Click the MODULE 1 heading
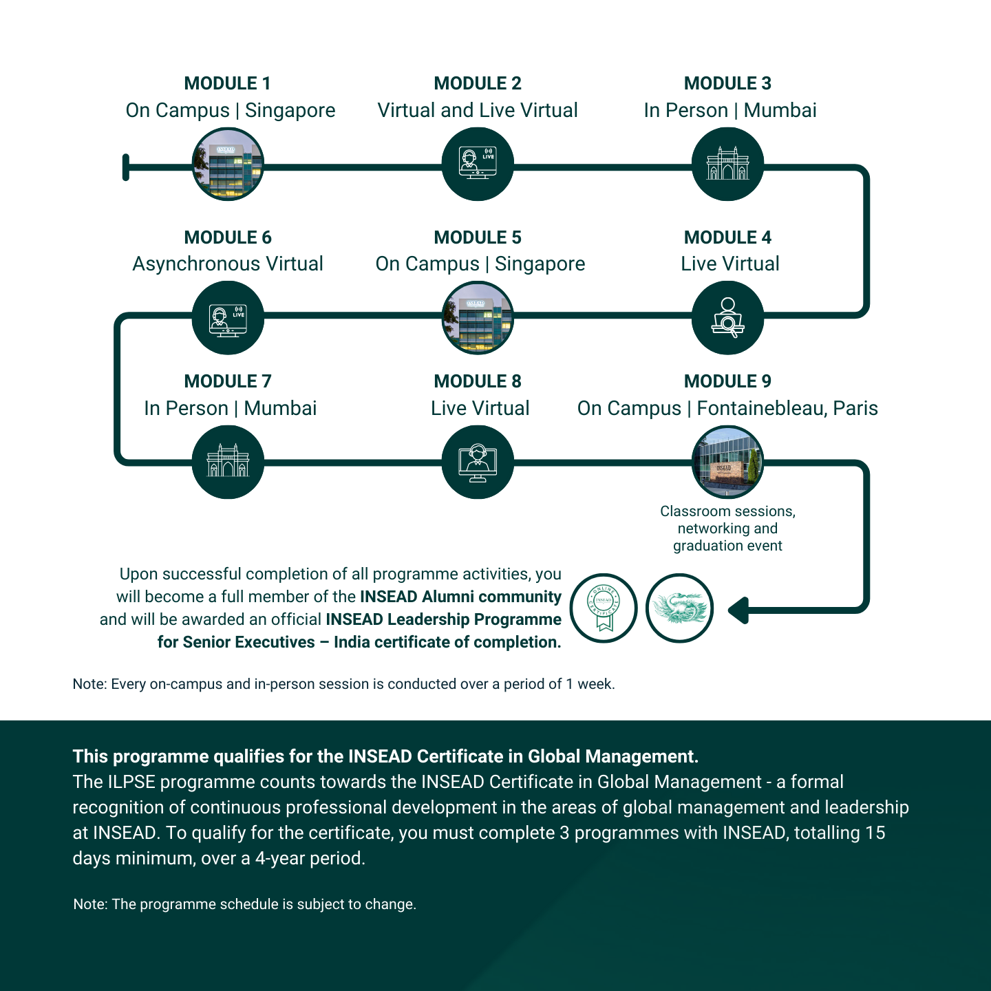point(227,83)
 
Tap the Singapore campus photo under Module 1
point(228,164)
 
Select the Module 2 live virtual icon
point(478,164)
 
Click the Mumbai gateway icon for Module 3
point(727,164)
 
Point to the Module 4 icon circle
point(727,318)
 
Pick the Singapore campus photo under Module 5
point(478,318)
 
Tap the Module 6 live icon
point(228,318)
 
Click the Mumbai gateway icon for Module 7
point(228,462)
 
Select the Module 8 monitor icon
point(478,462)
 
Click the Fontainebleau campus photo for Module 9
point(727,462)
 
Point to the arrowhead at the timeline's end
point(738,610)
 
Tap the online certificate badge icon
point(604,608)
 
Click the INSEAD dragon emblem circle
point(679,608)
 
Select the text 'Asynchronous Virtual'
point(228,264)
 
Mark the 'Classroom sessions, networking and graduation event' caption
point(727,529)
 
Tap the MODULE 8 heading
point(478,381)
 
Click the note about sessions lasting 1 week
point(343,684)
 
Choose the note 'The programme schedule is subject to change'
point(244,904)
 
